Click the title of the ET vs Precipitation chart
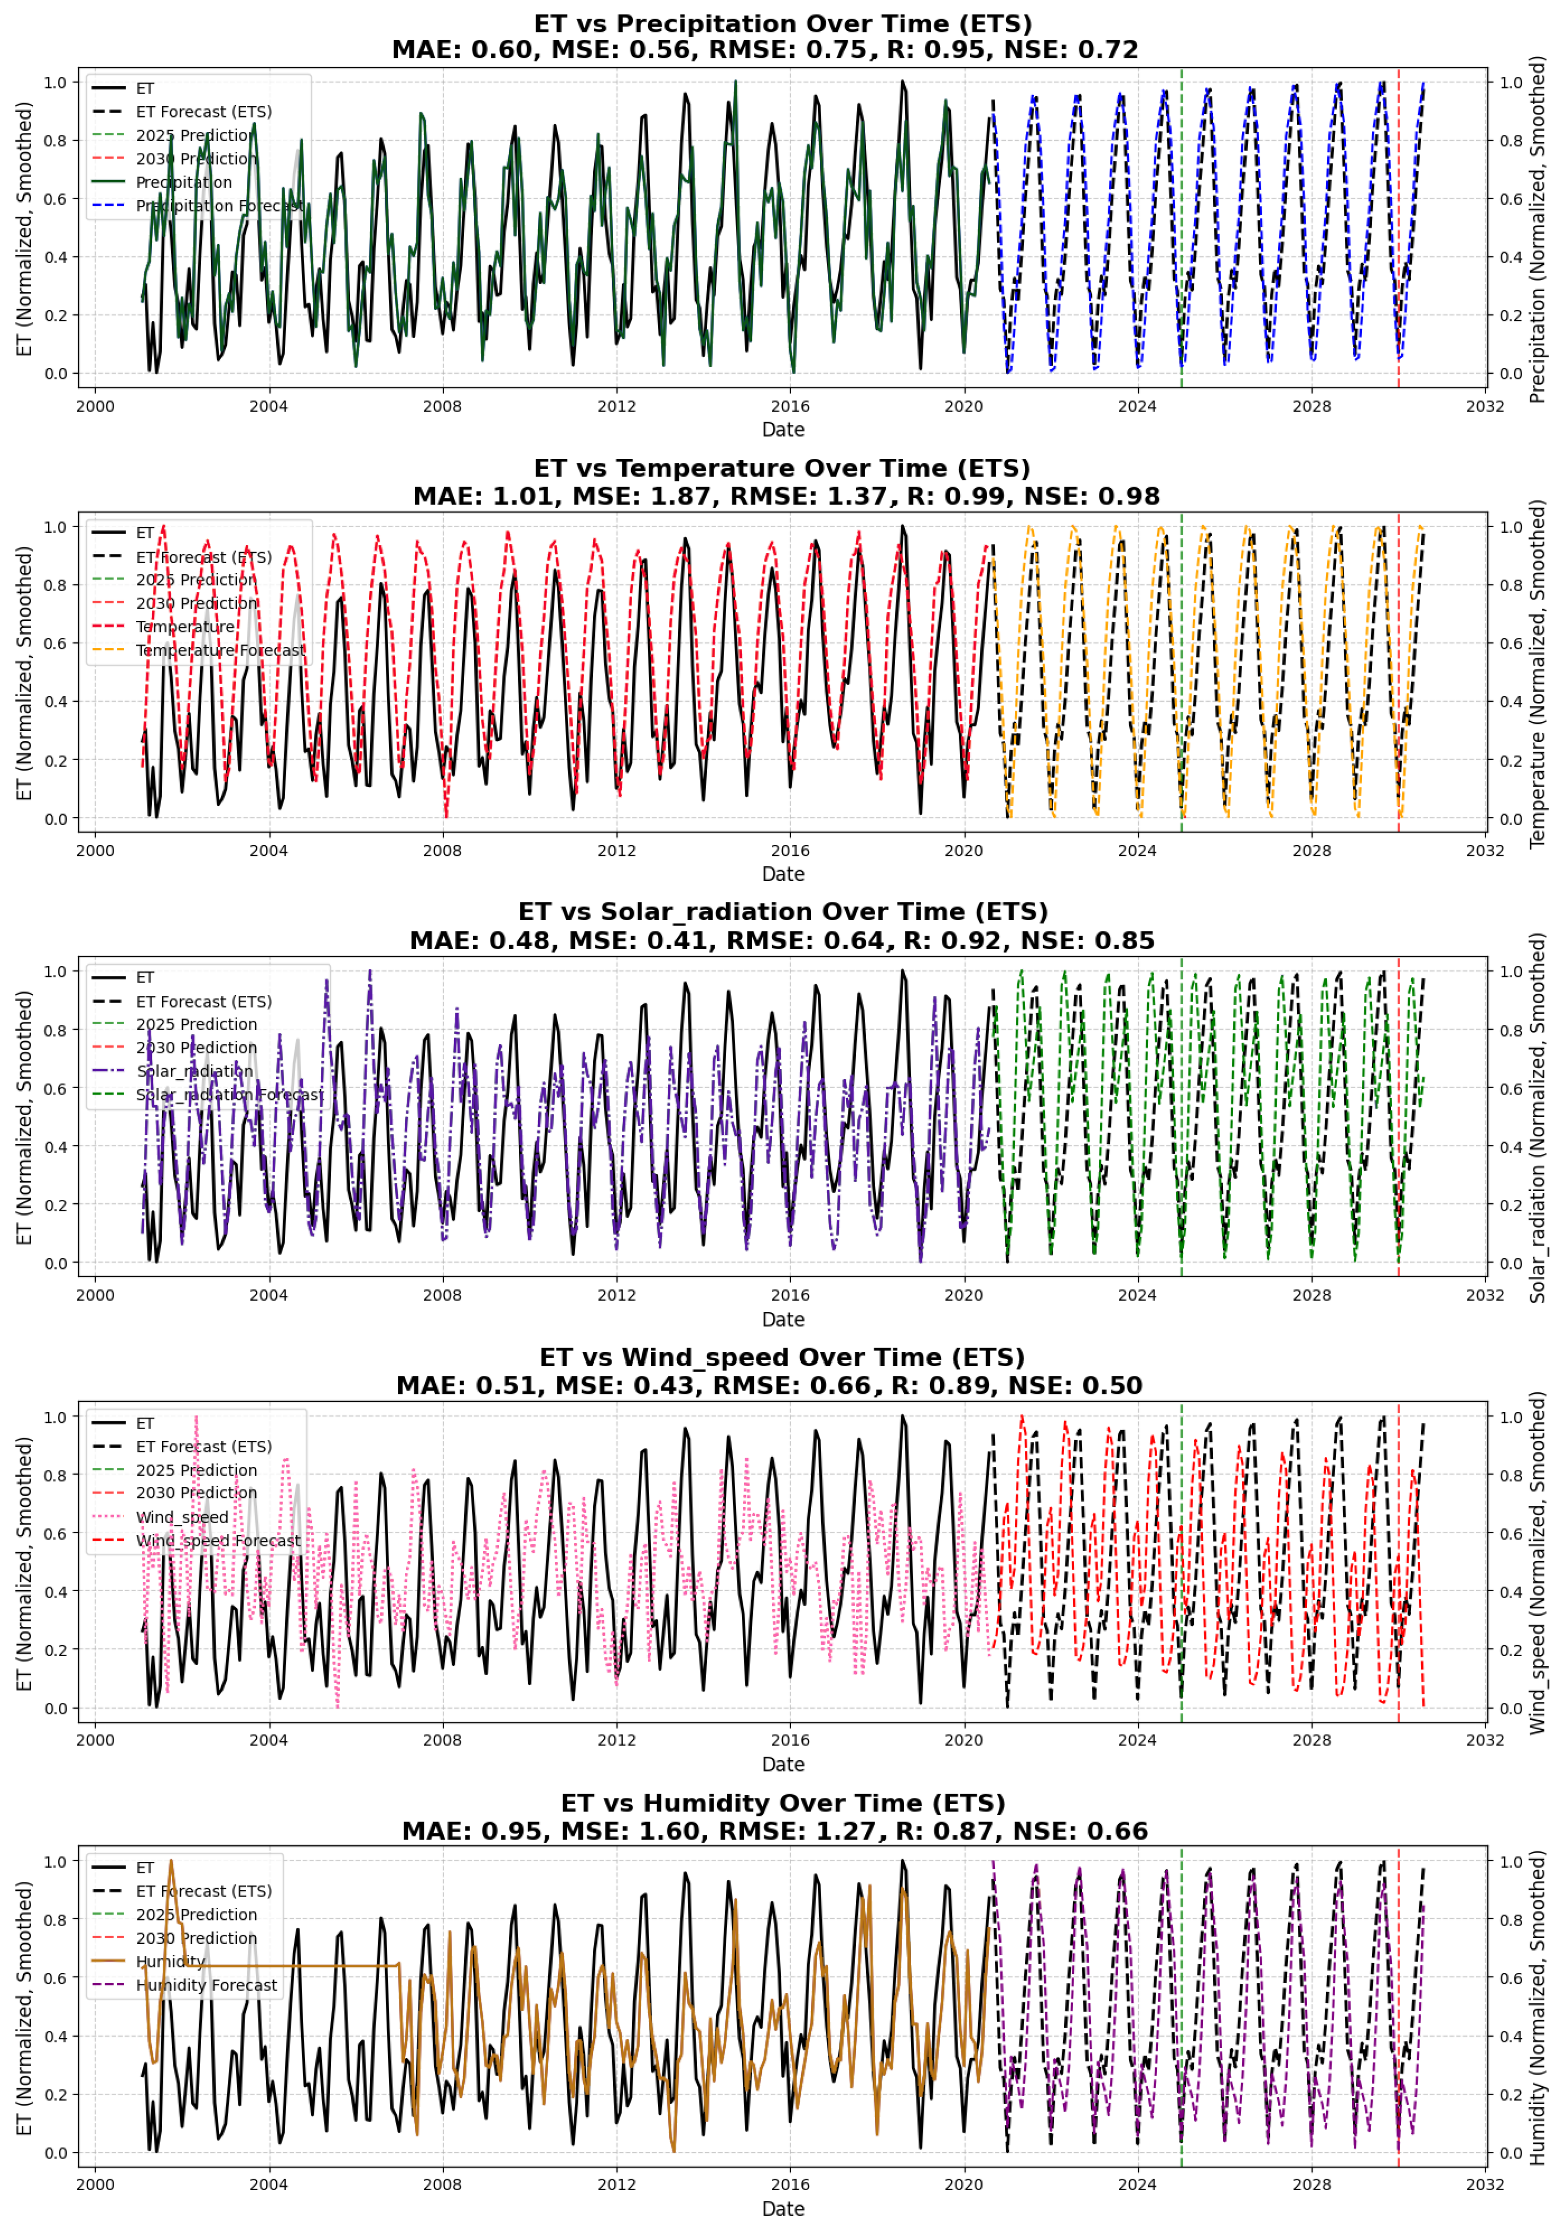783,23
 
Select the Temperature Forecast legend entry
220,650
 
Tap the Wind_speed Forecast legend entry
218,1541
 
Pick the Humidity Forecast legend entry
206,1985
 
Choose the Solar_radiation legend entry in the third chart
195,1071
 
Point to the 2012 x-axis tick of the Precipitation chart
616,406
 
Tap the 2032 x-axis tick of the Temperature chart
1484,851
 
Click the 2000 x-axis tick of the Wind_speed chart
95,1740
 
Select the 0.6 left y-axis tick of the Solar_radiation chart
54,1089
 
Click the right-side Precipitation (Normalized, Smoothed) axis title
1537,228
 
